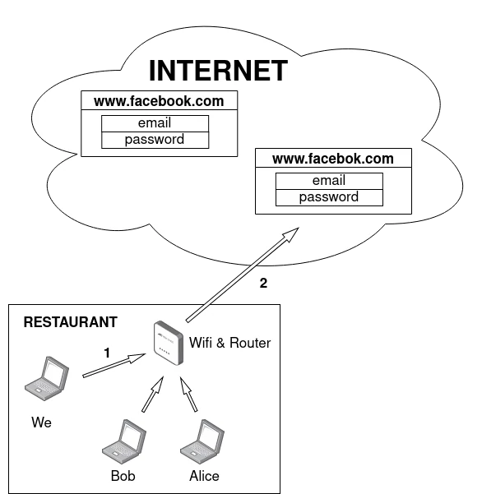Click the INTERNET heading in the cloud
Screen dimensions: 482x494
click(x=218, y=71)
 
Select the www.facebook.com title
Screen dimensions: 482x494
click(x=159, y=101)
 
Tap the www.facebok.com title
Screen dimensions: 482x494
click(x=333, y=159)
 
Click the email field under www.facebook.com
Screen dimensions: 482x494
click(x=155, y=123)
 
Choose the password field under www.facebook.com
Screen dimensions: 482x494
click(x=155, y=140)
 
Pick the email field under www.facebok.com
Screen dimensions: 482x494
click(x=329, y=181)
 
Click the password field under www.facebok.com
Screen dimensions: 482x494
click(x=329, y=197)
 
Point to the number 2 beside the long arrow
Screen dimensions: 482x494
click(x=263, y=283)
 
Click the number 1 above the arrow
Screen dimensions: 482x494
click(x=107, y=353)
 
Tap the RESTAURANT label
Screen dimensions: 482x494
click(x=70, y=322)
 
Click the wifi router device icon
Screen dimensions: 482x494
click(x=169, y=343)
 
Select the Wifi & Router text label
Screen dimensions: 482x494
click(x=229, y=343)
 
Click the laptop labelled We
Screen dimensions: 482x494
click(x=47, y=379)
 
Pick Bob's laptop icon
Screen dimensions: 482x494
click(x=124, y=441)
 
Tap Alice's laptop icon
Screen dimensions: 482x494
click(x=202, y=441)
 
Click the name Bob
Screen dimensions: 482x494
click(x=123, y=476)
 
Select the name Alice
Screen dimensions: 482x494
click(x=204, y=476)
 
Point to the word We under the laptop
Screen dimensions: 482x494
click(x=41, y=422)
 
